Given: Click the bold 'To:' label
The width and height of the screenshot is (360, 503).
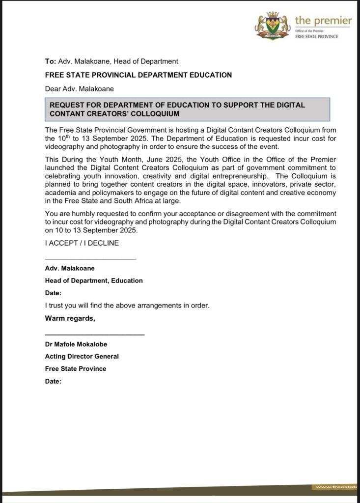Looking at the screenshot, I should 51,61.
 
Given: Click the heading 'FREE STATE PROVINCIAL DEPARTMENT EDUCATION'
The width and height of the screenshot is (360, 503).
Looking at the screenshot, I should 138,75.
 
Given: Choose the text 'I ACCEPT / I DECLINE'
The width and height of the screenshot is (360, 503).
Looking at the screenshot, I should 82,243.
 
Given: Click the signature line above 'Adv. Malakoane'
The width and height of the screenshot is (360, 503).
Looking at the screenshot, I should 90,258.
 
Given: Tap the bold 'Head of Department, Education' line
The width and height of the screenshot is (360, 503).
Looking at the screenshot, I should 94,280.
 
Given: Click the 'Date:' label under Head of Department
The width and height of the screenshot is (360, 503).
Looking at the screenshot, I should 53,293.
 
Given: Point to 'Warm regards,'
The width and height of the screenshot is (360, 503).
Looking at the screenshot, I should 70,318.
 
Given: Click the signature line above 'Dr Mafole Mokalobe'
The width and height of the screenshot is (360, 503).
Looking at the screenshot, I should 95,335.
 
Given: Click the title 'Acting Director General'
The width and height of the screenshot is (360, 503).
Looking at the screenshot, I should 82,356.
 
